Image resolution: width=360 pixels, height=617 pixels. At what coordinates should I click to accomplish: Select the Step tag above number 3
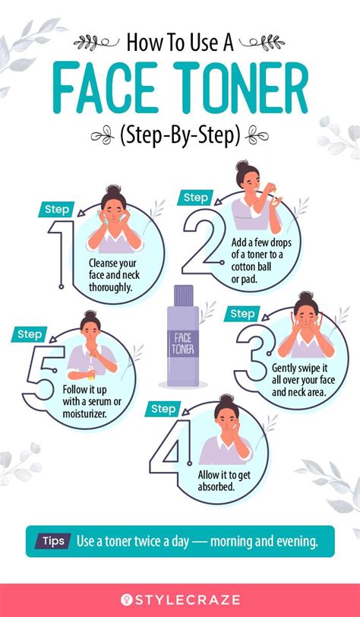click(242, 314)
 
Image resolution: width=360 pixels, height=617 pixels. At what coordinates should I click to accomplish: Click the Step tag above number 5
click(30, 333)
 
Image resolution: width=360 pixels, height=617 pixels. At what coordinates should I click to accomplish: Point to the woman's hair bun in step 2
click(242, 166)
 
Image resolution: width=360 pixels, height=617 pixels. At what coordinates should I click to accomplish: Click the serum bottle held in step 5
click(90, 373)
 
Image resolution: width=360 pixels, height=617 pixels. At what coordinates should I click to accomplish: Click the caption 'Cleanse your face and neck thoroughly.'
click(114, 276)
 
